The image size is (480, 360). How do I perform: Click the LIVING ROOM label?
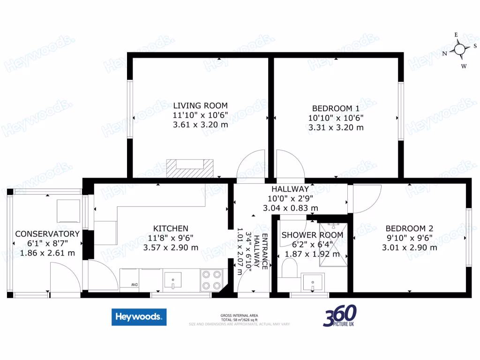201,105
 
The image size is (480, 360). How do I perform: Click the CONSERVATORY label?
47,233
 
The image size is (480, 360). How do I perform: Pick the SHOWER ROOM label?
312,235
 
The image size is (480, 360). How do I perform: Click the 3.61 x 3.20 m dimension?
201,125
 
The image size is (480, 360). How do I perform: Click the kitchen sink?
173,281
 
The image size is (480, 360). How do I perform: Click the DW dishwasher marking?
134,284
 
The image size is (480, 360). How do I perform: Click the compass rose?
459,49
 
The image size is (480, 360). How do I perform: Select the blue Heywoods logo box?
139,317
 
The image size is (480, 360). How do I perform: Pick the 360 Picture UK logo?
339,316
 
